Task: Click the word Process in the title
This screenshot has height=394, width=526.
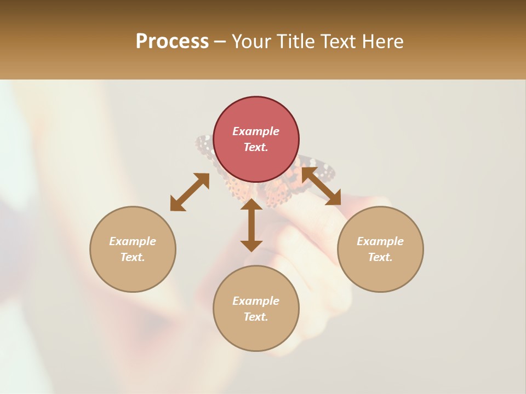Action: pos(172,42)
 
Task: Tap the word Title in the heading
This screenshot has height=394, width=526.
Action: pos(293,42)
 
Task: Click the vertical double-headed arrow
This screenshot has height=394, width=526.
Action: pos(251,225)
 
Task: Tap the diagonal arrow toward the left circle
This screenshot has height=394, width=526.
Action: pos(190,192)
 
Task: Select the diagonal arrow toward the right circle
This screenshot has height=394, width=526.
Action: pos(322,186)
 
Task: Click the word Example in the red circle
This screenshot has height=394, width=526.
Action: pos(256,131)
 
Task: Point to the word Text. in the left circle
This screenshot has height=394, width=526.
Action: pos(133,257)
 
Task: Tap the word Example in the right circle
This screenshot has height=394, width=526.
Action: pos(380,241)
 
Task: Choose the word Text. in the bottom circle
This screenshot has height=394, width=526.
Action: pos(256,317)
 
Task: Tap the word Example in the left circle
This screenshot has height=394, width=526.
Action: pos(133,241)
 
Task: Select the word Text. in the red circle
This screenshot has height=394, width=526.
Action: pos(256,147)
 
